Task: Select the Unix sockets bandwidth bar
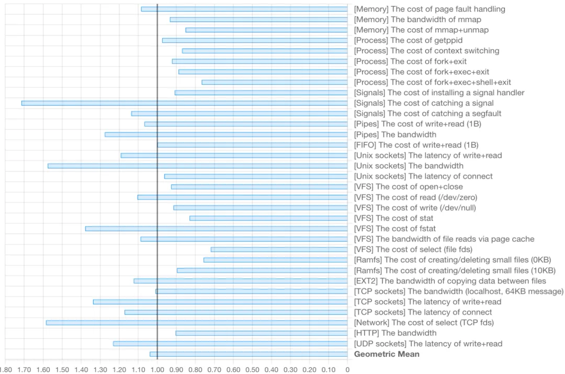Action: pyautogui.click(x=198, y=166)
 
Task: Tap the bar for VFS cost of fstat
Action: pyautogui.click(x=217, y=229)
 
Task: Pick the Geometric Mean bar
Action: pyautogui.click(x=249, y=354)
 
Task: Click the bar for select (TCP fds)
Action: pyautogui.click(x=197, y=323)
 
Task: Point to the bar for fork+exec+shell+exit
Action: pyautogui.click(x=275, y=82)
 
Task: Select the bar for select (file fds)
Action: pyautogui.click(x=279, y=250)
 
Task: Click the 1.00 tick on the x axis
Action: pyautogui.click(x=157, y=369)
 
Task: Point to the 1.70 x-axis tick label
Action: pyautogui.click(x=24, y=369)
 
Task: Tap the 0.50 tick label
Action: pyautogui.click(x=252, y=369)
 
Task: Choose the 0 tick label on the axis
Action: pyautogui.click(x=347, y=369)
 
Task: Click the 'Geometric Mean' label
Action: pyautogui.click(x=387, y=354)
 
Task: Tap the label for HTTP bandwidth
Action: pyautogui.click(x=395, y=333)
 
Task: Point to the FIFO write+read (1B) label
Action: pyautogui.click(x=416, y=145)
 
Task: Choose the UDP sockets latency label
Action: pyautogui.click(x=428, y=344)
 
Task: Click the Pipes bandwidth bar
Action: pyautogui.click(x=227, y=134)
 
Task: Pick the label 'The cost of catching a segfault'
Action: pyautogui.click(x=427, y=114)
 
